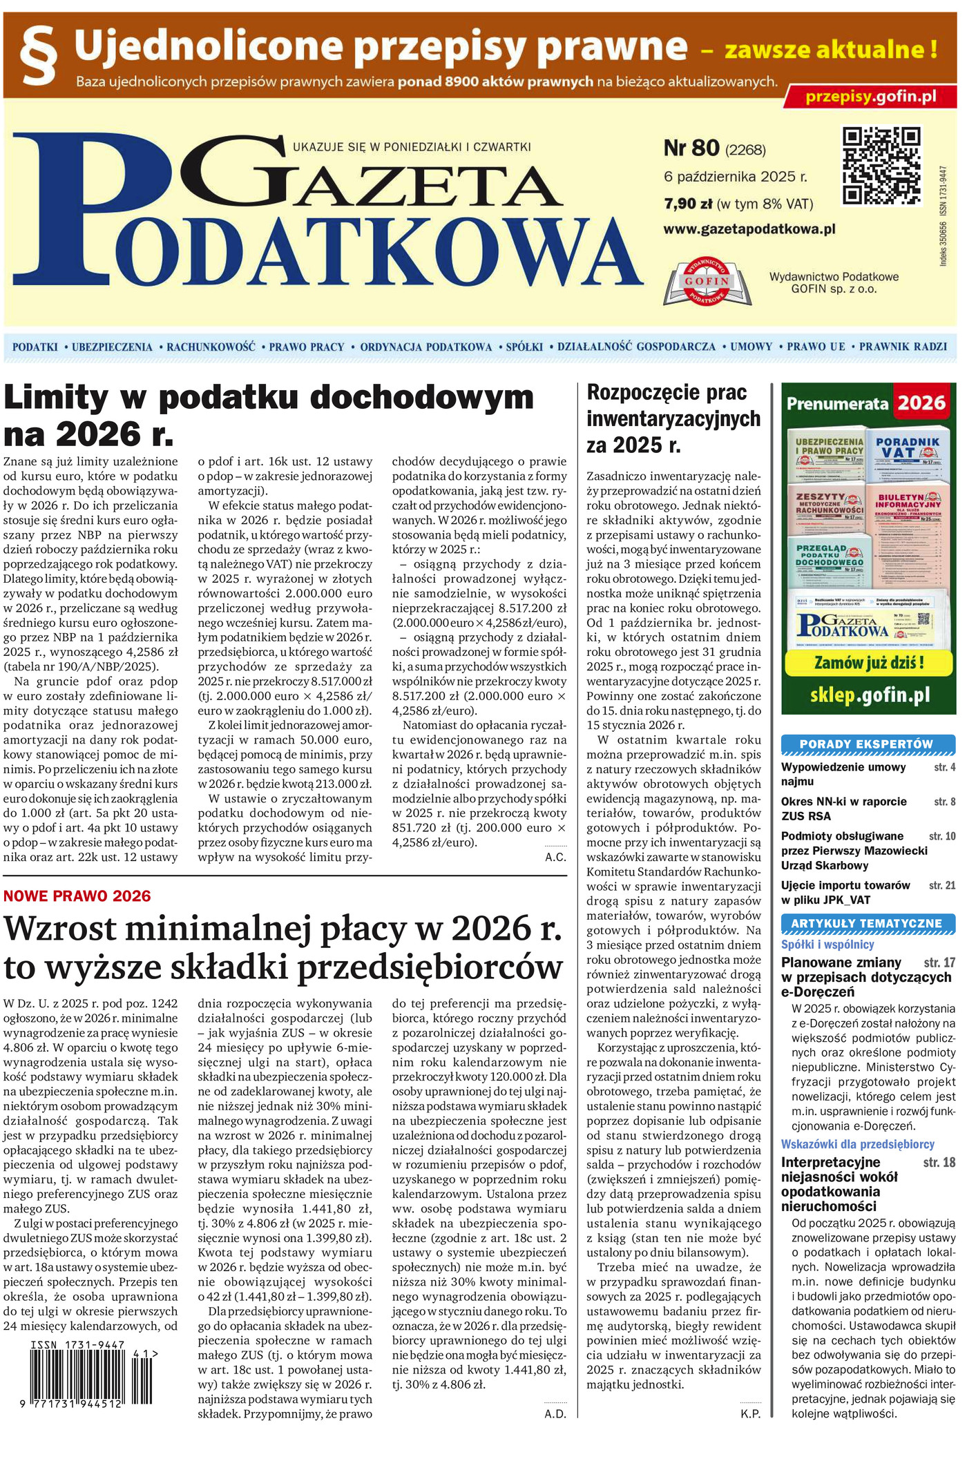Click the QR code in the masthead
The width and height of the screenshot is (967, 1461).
(x=881, y=166)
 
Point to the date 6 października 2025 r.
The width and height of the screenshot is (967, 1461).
(x=735, y=177)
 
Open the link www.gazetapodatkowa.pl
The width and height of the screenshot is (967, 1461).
(x=749, y=229)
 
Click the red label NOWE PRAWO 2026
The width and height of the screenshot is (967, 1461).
(x=77, y=896)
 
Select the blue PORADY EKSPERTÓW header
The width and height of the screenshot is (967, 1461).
(x=866, y=744)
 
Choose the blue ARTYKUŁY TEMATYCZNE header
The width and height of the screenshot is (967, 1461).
(x=866, y=924)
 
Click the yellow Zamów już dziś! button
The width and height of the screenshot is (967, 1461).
(x=868, y=663)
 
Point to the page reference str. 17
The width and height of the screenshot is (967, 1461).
(x=939, y=962)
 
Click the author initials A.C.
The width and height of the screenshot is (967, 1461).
(x=555, y=858)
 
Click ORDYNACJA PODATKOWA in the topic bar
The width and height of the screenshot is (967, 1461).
(x=425, y=347)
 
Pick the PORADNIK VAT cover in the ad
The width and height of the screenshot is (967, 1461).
(x=907, y=456)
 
